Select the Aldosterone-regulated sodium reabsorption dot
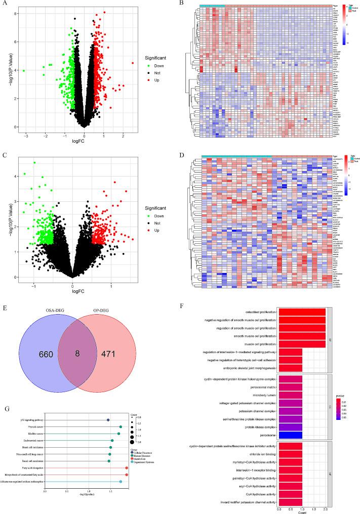click(121, 482)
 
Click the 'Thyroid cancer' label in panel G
click(36, 427)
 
